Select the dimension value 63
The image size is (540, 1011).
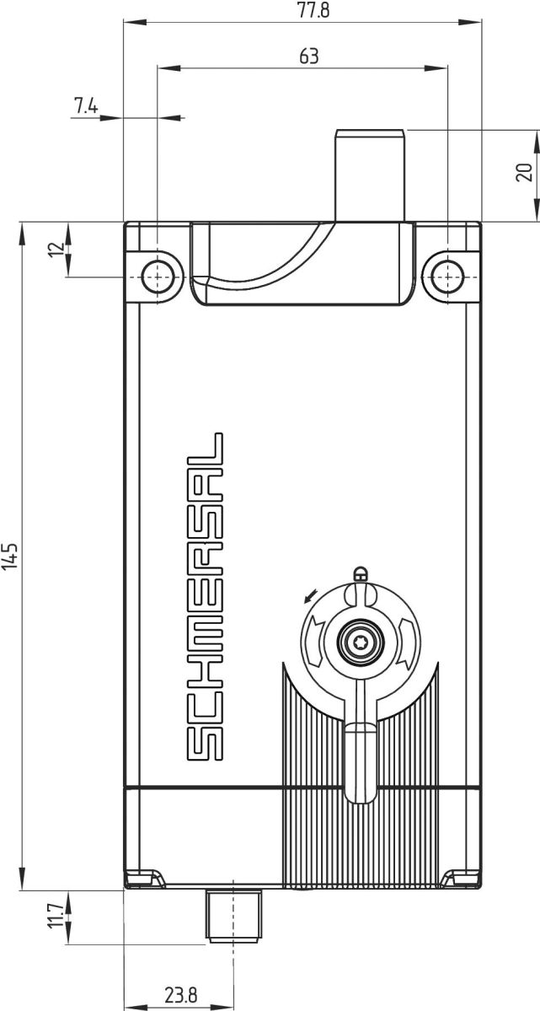[x=308, y=56]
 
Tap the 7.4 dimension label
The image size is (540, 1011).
[x=86, y=106]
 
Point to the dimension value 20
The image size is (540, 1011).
[x=523, y=174]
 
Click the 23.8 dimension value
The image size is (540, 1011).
[x=179, y=996]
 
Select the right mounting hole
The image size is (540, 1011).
[x=446, y=275]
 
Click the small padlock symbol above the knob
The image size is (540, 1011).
[x=361, y=574]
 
